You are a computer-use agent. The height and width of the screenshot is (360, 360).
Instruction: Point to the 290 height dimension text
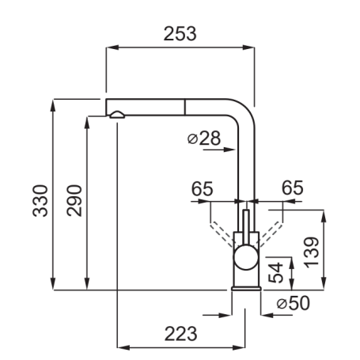(x=74, y=201)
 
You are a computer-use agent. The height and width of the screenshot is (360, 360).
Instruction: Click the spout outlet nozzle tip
(x=116, y=116)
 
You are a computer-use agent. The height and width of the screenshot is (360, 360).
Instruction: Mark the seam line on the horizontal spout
(x=185, y=108)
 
